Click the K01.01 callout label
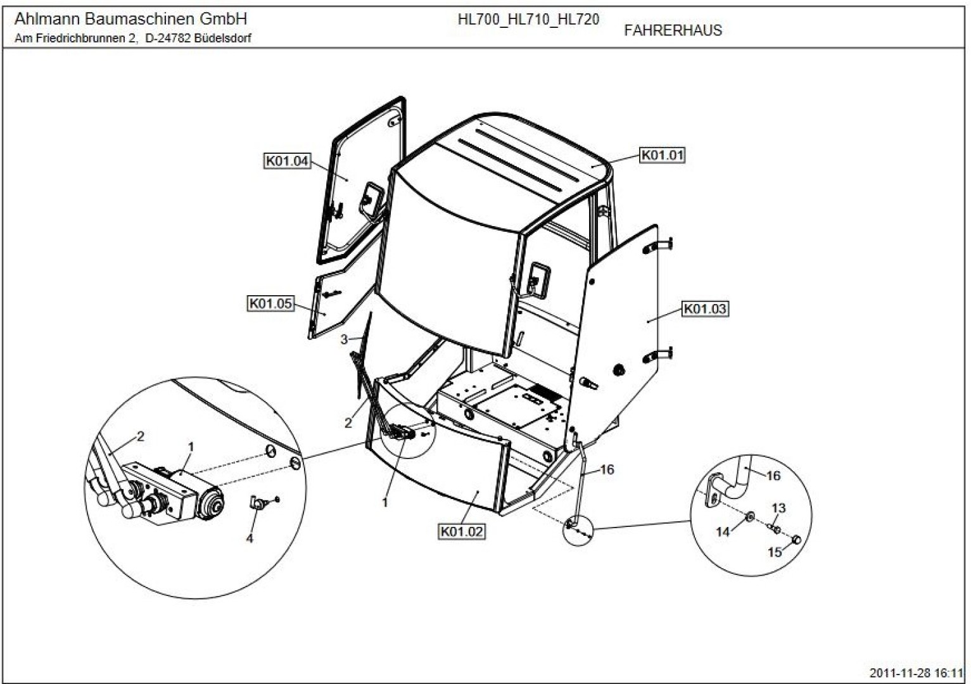(663, 155)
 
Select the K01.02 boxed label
(462, 531)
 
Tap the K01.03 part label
(704, 309)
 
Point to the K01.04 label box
(287, 161)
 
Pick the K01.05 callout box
(270, 303)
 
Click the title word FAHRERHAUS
(673, 30)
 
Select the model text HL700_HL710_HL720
(528, 20)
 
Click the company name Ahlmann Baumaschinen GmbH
(130, 19)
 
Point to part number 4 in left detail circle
(250, 538)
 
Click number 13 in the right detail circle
(778, 508)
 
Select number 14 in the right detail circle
(723, 532)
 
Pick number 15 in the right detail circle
(775, 552)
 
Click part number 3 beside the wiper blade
(344, 339)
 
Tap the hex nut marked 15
(797, 540)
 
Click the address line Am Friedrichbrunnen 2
(75, 39)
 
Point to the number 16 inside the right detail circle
(773, 476)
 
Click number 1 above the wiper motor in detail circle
(191, 448)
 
